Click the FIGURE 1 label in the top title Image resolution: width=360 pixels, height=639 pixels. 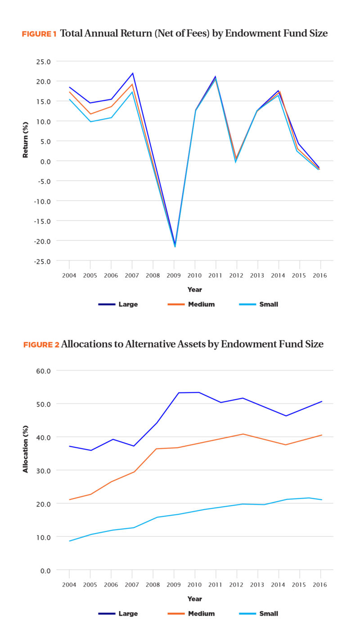pyautogui.click(x=39, y=34)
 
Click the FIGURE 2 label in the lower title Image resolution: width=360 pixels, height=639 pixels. pyautogui.click(x=41, y=345)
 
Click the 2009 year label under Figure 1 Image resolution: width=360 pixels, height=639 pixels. pyautogui.click(x=174, y=274)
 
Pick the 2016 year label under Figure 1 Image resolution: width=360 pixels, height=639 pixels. pyautogui.click(x=320, y=274)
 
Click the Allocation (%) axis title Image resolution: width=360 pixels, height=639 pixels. pyautogui.click(x=26, y=470)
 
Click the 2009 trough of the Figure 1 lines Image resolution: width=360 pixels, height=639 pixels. pyautogui.click(x=175, y=245)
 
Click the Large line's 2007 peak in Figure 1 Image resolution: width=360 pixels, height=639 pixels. pyautogui.click(x=133, y=73)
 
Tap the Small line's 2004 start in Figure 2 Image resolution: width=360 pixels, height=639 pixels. pyautogui.click(x=70, y=541)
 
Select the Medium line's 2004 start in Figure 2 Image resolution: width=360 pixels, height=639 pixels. pyautogui.click(x=70, y=499)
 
